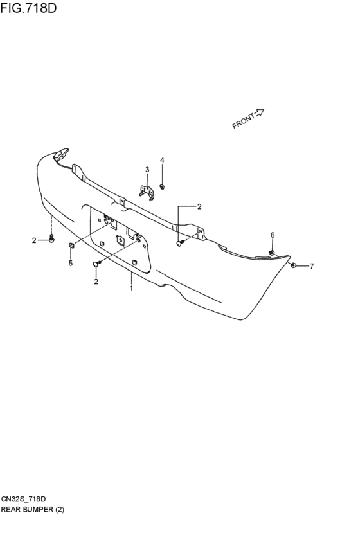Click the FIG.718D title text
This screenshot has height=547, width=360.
28,8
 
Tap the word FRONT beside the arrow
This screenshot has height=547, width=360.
244,121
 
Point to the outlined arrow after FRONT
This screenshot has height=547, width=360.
260,112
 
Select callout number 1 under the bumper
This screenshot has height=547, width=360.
132,289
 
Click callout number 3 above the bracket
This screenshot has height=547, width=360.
147,170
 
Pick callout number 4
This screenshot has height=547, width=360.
162,160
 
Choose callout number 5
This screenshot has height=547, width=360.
71,263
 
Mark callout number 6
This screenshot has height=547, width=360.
273,235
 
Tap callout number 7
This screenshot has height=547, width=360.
312,266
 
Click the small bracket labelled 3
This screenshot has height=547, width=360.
147,193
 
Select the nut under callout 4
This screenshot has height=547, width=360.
162,186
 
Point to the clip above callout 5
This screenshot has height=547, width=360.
71,245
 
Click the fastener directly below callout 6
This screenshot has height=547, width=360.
272,252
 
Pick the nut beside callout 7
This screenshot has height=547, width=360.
294,266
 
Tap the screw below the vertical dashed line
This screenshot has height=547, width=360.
51,239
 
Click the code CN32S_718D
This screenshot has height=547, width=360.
23,499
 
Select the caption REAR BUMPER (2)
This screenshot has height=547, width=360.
32,509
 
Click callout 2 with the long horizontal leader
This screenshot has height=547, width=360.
199,206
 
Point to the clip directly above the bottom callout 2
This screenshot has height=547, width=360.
96,264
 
